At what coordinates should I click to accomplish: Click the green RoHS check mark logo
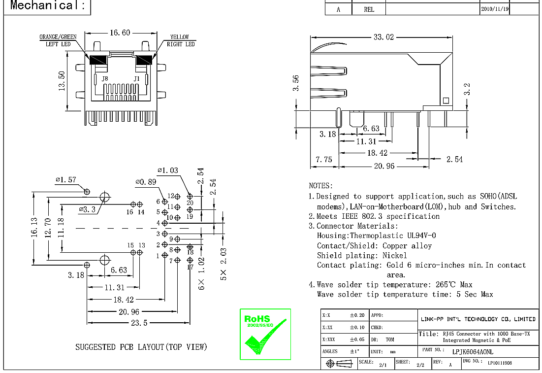tap(265, 335)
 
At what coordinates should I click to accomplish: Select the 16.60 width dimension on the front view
tap(120, 33)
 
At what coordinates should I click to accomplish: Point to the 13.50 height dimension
tap(62, 80)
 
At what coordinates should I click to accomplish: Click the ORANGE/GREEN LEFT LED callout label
tap(58, 40)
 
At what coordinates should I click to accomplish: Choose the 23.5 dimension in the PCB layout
tap(139, 323)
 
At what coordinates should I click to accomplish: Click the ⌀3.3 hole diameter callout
tap(87, 209)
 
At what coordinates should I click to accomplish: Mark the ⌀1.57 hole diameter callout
tap(66, 180)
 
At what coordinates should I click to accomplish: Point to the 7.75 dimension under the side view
tap(324, 160)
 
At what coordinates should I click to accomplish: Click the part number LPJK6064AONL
tap(472, 352)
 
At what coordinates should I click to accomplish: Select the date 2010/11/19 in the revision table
tap(495, 9)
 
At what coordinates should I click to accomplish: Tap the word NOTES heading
tap(320, 186)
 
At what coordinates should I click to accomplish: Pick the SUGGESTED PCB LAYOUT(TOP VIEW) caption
tap(141, 347)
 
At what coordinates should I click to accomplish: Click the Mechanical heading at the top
tap(48, 6)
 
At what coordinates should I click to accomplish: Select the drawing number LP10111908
tap(500, 363)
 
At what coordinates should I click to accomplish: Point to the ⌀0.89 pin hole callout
tap(146, 182)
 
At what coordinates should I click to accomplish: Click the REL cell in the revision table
tap(369, 9)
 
